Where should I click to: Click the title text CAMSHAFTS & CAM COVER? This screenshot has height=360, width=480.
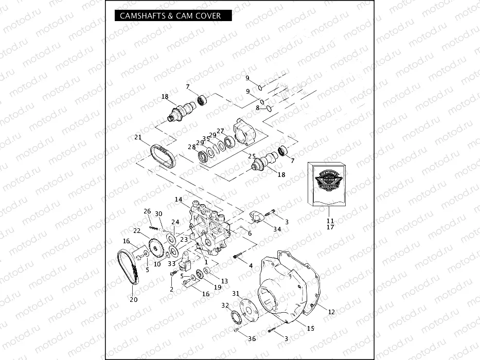(x=170, y=15)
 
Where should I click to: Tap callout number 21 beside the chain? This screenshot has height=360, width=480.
(x=138, y=137)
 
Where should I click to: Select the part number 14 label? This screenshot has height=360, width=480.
(x=179, y=199)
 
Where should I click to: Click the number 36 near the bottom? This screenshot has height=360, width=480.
(x=252, y=338)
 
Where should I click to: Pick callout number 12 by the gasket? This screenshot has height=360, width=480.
(x=331, y=312)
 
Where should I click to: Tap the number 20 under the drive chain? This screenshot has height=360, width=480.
(x=134, y=300)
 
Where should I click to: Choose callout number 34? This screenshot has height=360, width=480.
(x=277, y=229)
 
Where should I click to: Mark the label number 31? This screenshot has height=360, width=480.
(x=236, y=294)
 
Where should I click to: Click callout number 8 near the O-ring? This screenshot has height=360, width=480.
(x=258, y=107)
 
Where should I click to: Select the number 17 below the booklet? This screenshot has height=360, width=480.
(x=330, y=227)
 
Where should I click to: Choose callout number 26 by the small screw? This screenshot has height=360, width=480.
(x=147, y=211)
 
